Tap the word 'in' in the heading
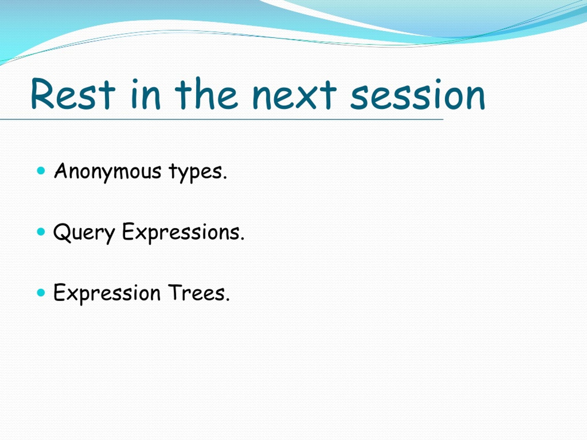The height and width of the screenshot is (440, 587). pyautogui.click(x=146, y=94)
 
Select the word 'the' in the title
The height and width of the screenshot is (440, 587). pyautogui.click(x=206, y=93)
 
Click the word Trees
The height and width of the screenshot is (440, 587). pyautogui.click(x=199, y=293)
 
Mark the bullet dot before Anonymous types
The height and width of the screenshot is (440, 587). pyautogui.click(x=41, y=170)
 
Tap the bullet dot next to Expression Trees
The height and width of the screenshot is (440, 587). pyautogui.click(x=41, y=293)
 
